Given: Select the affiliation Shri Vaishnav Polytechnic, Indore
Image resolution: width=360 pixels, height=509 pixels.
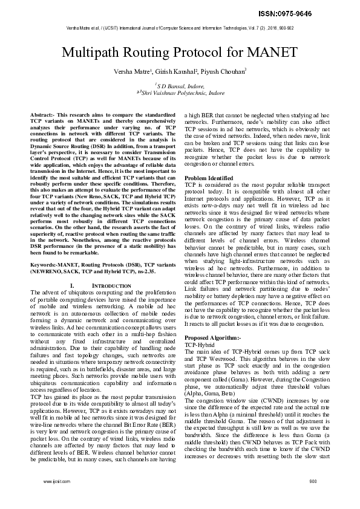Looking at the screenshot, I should [182, 94].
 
